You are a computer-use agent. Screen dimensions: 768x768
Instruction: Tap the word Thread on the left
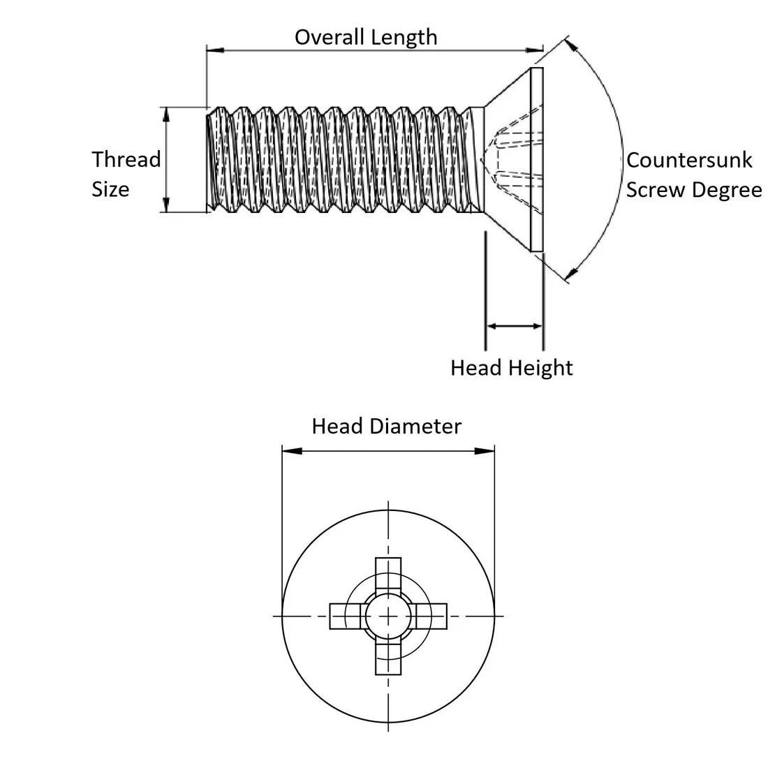pyautogui.click(x=126, y=160)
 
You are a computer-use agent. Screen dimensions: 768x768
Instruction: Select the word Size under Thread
pyautogui.click(x=110, y=189)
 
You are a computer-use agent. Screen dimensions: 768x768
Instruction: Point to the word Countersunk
pyautogui.click(x=689, y=160)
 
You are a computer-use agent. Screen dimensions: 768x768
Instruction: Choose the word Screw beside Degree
pyautogui.click(x=656, y=190)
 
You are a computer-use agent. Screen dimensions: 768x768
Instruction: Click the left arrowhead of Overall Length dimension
pyautogui.click(x=214, y=50)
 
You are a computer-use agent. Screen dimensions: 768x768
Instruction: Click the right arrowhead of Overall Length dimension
pyautogui.click(x=535, y=50)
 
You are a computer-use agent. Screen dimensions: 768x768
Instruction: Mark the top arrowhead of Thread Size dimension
pyautogui.click(x=166, y=114)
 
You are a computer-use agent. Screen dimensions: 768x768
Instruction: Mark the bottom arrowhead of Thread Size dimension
pyautogui.click(x=166, y=205)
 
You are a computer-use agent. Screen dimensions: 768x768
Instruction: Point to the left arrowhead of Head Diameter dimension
pyautogui.click(x=290, y=452)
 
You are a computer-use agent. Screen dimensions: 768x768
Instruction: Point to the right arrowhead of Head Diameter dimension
pyautogui.click(x=486, y=452)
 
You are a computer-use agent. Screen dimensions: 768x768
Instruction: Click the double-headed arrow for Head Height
pyautogui.click(x=514, y=325)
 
